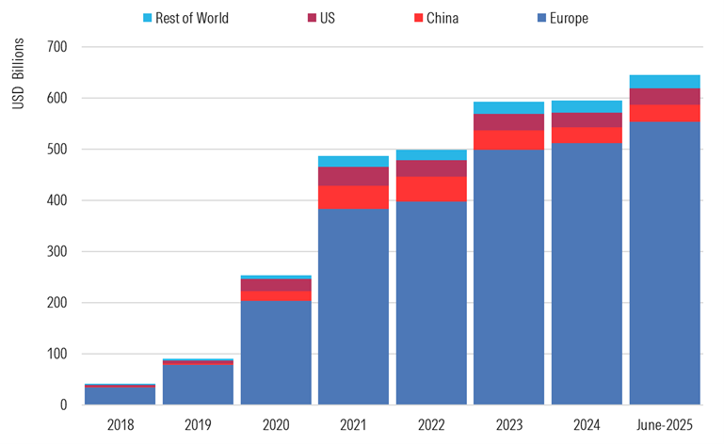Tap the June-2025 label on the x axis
coord(666,425)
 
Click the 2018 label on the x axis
coord(121,425)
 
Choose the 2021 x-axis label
coord(354,425)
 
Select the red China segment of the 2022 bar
coord(431,189)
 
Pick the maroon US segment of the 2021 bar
coord(354,176)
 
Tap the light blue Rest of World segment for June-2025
coord(666,81)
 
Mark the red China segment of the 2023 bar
coord(509,139)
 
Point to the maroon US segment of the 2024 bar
coord(587,119)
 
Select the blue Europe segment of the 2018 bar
coord(121,396)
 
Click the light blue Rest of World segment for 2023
coord(509,107)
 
